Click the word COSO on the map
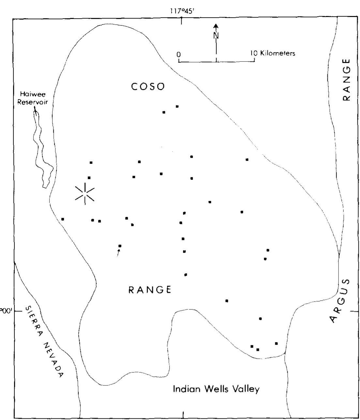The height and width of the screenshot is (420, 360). [x=148, y=87]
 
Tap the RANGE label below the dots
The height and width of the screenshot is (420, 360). [x=150, y=290]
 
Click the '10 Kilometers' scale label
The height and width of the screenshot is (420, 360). [x=275, y=53]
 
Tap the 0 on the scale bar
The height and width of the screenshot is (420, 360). [x=178, y=54]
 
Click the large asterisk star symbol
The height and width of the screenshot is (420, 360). [x=85, y=194]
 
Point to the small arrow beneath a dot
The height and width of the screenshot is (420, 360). [x=118, y=252]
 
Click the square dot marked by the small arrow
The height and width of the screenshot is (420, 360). [x=120, y=246]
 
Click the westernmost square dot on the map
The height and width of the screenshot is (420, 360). [x=63, y=219]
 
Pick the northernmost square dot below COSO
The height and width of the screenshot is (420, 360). [x=177, y=106]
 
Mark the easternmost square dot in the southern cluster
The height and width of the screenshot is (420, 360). [x=276, y=343]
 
